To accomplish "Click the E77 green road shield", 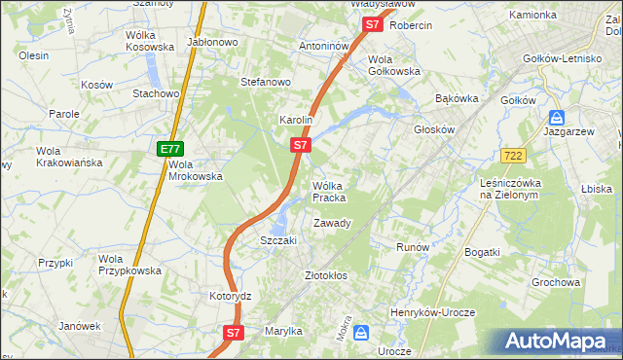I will tap(170, 149).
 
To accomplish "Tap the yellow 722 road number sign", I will tap(516, 155).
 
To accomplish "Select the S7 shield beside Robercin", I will tap(371, 25).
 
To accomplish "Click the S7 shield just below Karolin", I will tap(301, 145).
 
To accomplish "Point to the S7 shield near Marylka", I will tap(233, 332).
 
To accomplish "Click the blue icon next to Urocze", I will tap(361, 333).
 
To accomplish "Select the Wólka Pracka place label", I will tap(329, 192).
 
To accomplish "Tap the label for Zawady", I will tap(332, 224).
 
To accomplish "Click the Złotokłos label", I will tap(326, 275).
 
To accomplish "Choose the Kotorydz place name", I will tap(231, 295).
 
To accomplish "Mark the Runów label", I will tap(413, 247).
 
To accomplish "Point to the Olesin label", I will tap(34, 55).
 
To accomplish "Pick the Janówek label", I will tap(80, 326).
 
